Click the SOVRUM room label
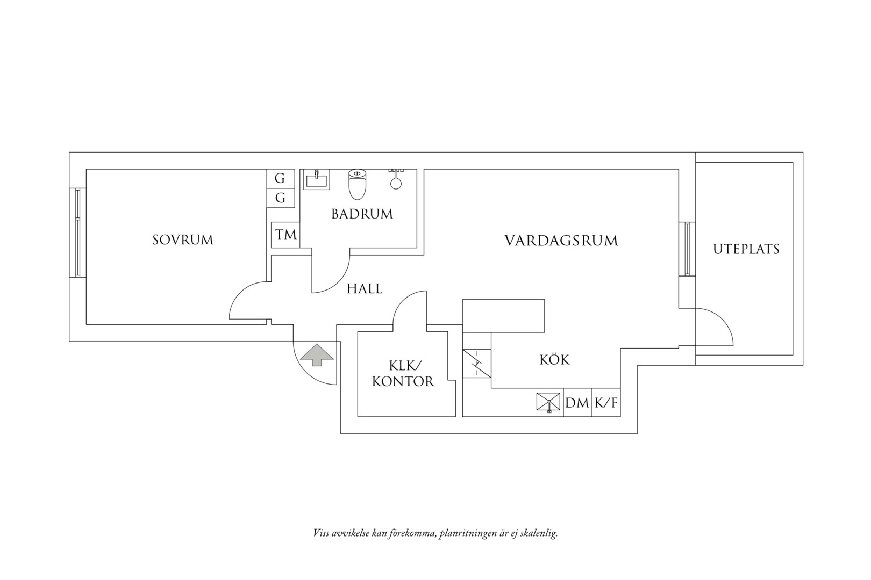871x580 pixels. pos(183,240)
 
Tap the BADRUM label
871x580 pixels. pos(362,214)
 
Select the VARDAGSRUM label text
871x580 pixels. pos(561,241)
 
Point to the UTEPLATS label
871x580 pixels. pos(746,249)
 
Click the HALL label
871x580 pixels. pos(365,288)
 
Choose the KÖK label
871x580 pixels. pos(554,359)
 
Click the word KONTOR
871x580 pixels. pos(403,381)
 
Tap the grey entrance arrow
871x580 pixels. pos(317,354)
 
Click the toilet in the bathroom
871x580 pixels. pos(358,184)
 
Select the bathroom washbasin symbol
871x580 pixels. pos(317,179)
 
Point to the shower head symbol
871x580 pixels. pos(396,179)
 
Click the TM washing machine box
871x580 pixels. pos(285,235)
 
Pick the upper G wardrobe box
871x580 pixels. pos(280,179)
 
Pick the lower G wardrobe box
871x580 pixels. pos(280,198)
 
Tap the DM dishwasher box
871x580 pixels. pos(577,402)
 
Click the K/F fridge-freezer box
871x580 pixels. pos(606,402)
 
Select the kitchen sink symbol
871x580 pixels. pos(548,402)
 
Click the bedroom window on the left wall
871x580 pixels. pos(78,233)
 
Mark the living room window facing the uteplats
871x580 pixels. pos(688,249)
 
